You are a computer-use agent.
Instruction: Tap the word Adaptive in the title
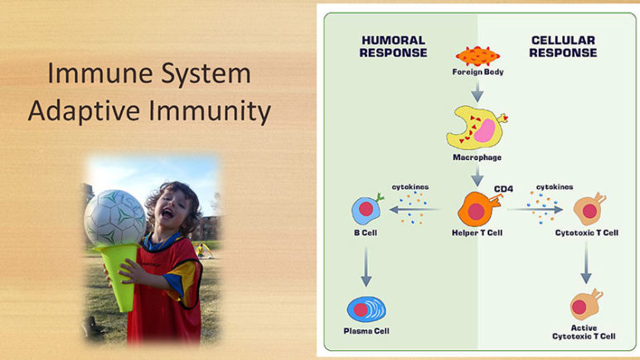pyautogui.click(x=84, y=111)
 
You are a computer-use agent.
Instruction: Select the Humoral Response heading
pyautogui.click(x=394, y=46)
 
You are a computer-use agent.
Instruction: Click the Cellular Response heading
pyautogui.click(x=563, y=46)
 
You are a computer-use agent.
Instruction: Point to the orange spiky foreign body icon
pyautogui.click(x=478, y=56)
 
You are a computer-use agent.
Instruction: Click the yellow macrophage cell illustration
pyautogui.click(x=477, y=128)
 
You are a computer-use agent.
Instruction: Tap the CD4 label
pyautogui.click(x=504, y=189)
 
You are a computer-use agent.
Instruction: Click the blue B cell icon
pyautogui.click(x=367, y=209)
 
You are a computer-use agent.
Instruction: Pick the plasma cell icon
pyautogui.click(x=366, y=309)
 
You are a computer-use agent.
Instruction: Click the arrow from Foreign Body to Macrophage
pyautogui.click(x=478, y=92)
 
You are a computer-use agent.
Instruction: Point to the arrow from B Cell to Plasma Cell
pyautogui.click(x=366, y=267)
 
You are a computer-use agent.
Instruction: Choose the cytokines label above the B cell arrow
pyautogui.click(x=410, y=187)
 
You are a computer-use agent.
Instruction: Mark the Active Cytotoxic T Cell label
pyautogui.click(x=584, y=333)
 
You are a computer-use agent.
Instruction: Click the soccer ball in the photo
pyautogui.click(x=114, y=218)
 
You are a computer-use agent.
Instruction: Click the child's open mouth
pyautogui.click(x=167, y=212)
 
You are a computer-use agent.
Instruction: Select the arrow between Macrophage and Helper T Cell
pyautogui.click(x=478, y=176)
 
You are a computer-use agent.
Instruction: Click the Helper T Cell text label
pyautogui.click(x=478, y=233)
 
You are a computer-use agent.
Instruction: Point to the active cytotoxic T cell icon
pyautogui.click(x=586, y=304)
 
